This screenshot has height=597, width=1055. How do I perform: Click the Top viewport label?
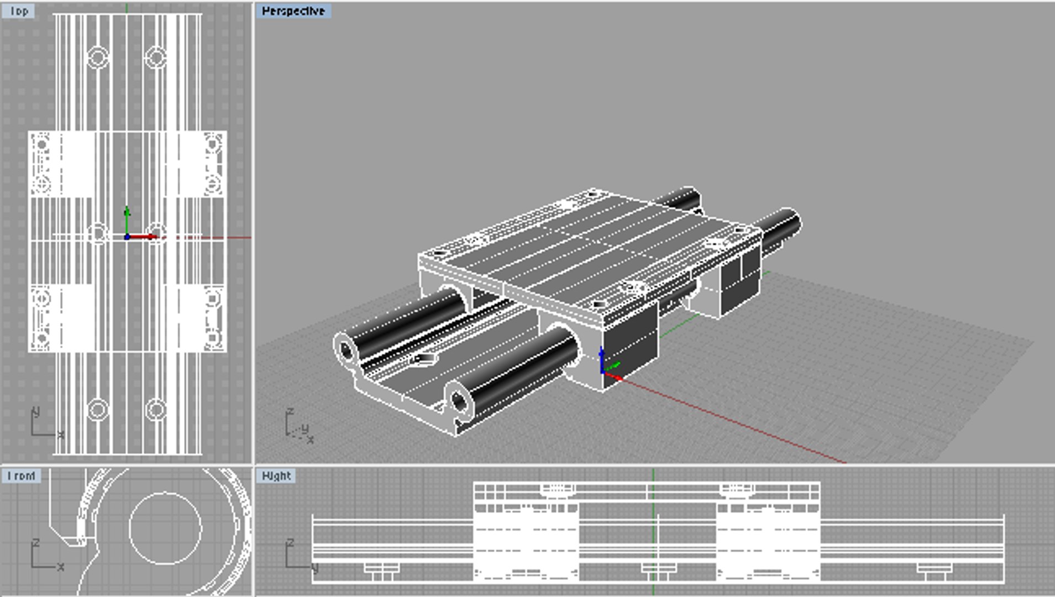tap(18, 11)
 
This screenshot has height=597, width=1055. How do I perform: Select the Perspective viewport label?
tap(293, 11)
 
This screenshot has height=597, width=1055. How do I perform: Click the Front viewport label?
tap(21, 476)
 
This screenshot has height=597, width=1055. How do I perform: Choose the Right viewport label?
tap(276, 476)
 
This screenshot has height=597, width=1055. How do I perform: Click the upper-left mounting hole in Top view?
tap(98, 57)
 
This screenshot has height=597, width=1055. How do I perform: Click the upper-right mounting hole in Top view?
tap(156, 57)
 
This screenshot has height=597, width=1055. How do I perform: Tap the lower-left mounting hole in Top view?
tap(98, 410)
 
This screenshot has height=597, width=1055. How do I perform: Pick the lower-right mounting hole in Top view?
tap(156, 410)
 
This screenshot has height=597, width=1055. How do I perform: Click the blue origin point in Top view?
tap(127, 237)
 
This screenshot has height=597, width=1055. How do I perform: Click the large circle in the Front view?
tap(165, 528)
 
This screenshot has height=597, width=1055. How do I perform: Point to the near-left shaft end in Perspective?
tap(347, 350)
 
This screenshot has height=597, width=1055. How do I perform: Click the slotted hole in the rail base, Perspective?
tap(424, 359)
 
